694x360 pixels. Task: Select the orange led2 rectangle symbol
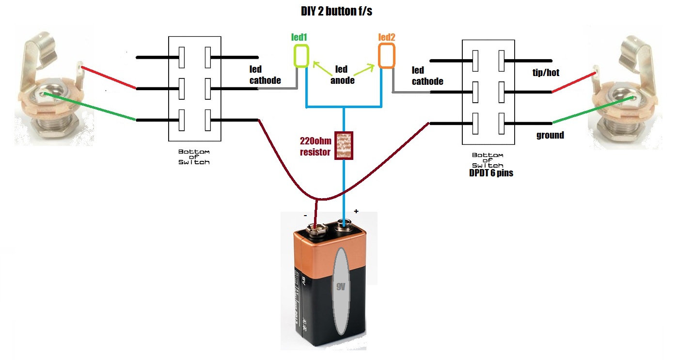pyautogui.click(x=386, y=55)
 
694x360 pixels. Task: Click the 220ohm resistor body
pyautogui.click(x=344, y=145)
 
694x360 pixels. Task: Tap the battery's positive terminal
pyautogui.click(x=345, y=224)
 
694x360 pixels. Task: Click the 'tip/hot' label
pyautogui.click(x=542, y=73)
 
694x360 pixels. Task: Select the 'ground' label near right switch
pyautogui.click(x=550, y=135)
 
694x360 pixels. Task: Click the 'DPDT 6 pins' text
pyautogui.click(x=490, y=172)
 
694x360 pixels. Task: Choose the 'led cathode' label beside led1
pyautogui.click(x=265, y=76)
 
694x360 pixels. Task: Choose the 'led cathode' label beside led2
pyautogui.click(x=427, y=76)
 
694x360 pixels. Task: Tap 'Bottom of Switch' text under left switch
pyautogui.click(x=194, y=157)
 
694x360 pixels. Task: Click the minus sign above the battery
pyautogui.click(x=305, y=215)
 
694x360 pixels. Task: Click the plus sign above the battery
pyautogui.click(x=356, y=212)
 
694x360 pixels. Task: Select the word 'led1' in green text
pyautogui.click(x=299, y=37)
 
